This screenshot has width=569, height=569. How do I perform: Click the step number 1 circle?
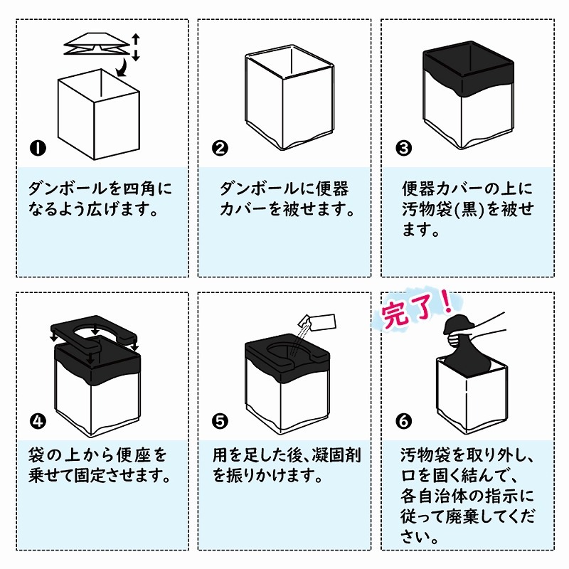pos(38,148)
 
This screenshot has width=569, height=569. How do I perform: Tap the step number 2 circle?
pos(220,148)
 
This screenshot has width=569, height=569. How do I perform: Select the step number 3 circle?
pos(403,148)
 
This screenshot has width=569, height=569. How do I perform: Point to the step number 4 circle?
pos(38,421)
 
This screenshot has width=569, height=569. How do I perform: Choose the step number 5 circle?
pos(220,421)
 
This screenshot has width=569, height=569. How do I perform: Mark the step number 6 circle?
pos(403,421)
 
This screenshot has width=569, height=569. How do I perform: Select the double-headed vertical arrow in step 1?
pos(136,47)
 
